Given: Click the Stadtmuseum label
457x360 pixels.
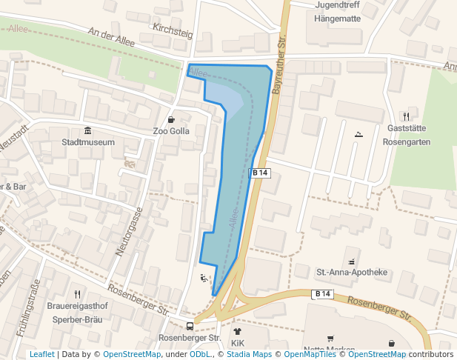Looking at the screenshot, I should [88, 142].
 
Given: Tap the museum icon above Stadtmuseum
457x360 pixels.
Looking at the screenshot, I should [87, 130].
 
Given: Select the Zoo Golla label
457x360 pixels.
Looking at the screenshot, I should [171, 131].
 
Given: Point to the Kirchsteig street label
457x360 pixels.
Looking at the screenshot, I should [173, 30].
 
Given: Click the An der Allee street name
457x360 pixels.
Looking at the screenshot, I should [111, 38].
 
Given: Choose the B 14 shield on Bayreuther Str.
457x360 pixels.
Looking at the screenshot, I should [261, 173].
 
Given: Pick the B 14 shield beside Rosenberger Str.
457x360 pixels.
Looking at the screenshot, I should [322, 294].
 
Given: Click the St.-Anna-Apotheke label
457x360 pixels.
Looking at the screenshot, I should [352, 273].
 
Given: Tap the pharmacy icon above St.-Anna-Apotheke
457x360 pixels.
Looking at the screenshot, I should [351, 261].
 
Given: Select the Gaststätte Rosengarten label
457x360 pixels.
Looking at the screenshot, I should [409, 135].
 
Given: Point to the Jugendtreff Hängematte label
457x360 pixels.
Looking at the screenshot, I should [337, 12].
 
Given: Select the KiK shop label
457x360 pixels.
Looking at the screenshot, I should [237, 344].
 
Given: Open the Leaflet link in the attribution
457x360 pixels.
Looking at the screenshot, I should [41, 354].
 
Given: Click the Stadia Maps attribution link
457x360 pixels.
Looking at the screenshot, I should [249, 354].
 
